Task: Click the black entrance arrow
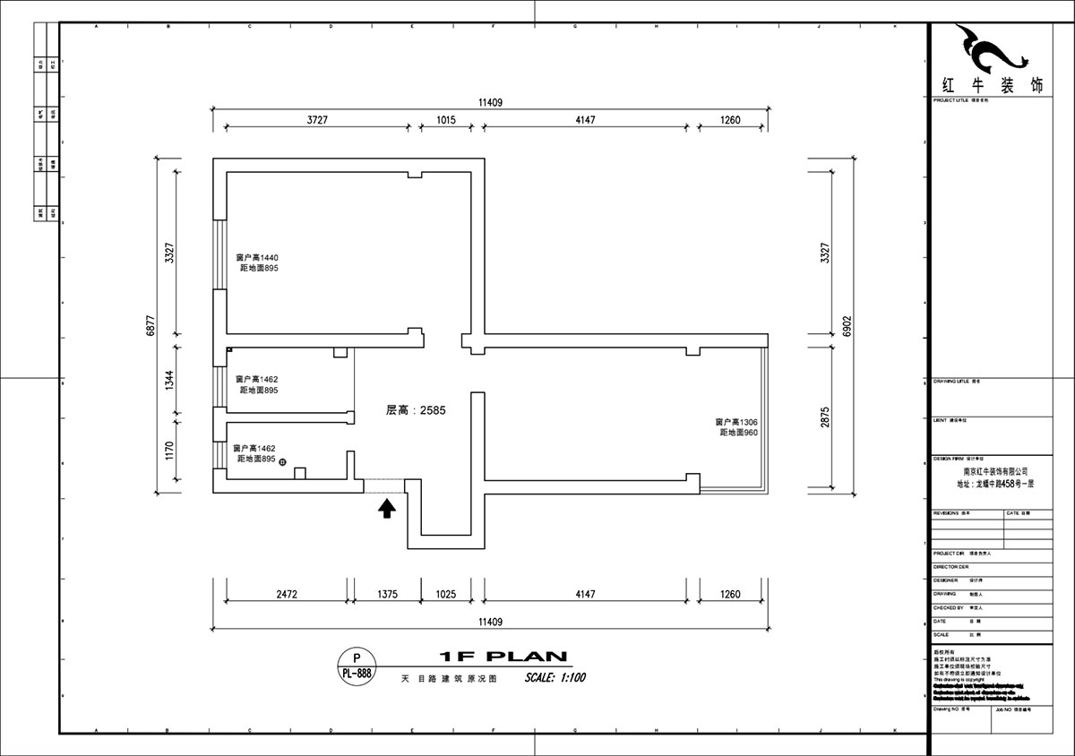(x=387, y=509)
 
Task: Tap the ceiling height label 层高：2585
(x=416, y=410)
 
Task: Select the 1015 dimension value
(x=446, y=119)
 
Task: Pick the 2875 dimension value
(x=825, y=417)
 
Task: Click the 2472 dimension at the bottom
(x=286, y=594)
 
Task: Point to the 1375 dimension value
(x=387, y=594)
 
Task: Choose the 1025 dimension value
(x=445, y=594)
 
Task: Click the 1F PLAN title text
(x=503, y=657)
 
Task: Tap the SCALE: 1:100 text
(x=555, y=678)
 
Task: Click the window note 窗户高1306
(x=736, y=422)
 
